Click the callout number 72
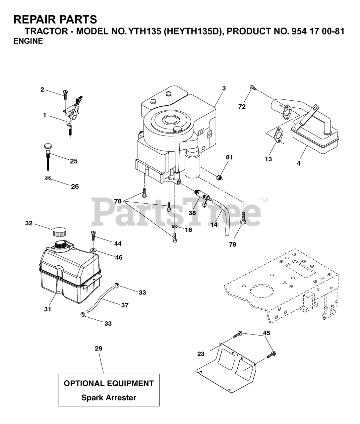[242, 107]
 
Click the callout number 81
[229, 158]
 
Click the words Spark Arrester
[109, 397]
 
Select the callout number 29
[98, 348]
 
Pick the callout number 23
[201, 354]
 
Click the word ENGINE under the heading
[28, 41]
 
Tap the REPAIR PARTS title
[55, 20]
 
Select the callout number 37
[125, 305]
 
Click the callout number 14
[214, 225]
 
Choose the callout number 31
[48, 309]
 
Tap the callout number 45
[267, 333]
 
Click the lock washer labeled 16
[174, 227]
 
